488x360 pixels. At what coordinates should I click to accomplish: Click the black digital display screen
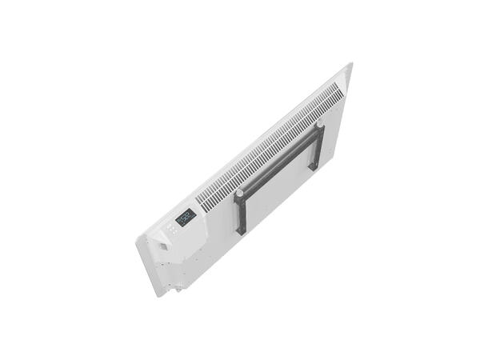tap(185, 216)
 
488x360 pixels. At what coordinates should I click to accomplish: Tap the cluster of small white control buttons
tap(171, 231)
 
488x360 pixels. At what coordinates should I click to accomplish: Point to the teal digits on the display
tap(185, 216)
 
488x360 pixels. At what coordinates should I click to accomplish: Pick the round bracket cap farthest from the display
tap(319, 126)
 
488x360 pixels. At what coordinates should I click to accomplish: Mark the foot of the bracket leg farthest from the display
tap(314, 167)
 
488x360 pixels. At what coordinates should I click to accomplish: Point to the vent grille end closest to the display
tap(204, 203)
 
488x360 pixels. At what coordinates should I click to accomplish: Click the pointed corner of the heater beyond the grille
tap(350, 64)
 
